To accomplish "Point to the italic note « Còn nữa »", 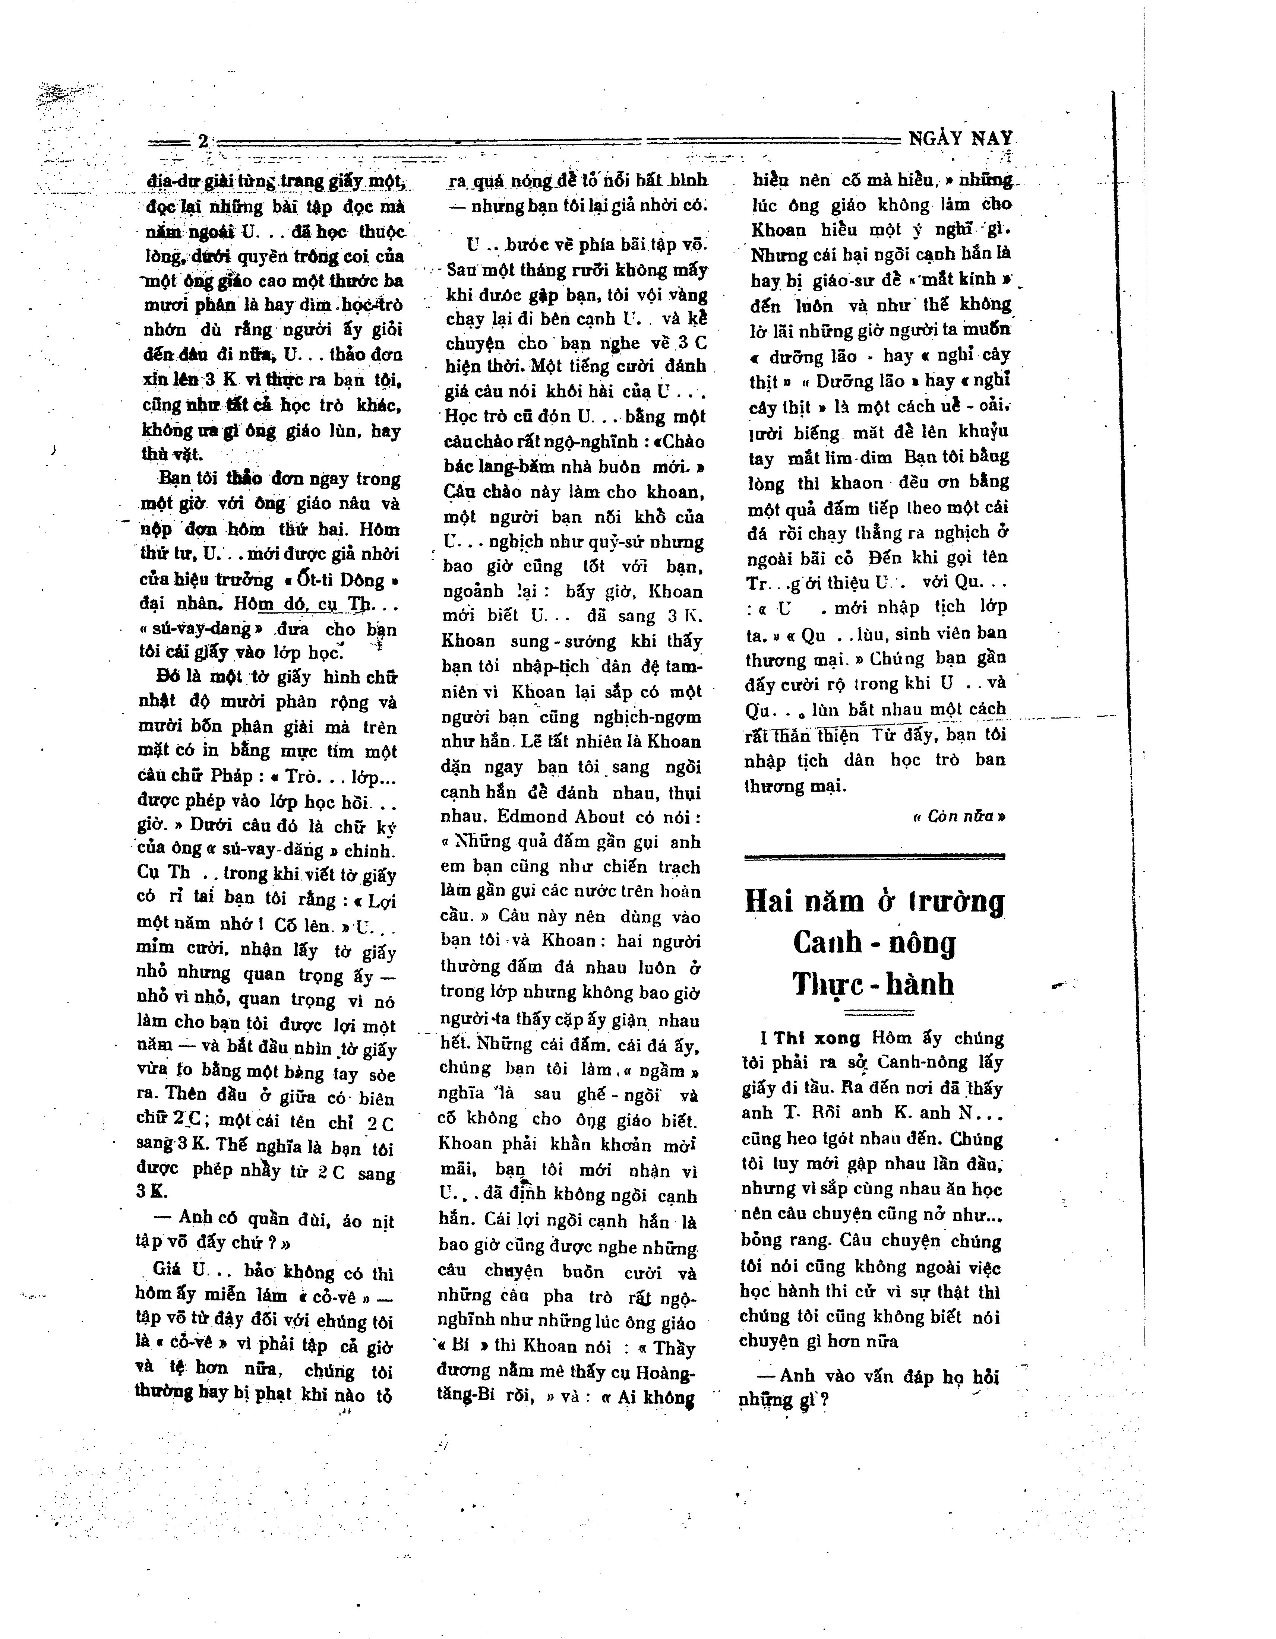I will (x=958, y=816).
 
